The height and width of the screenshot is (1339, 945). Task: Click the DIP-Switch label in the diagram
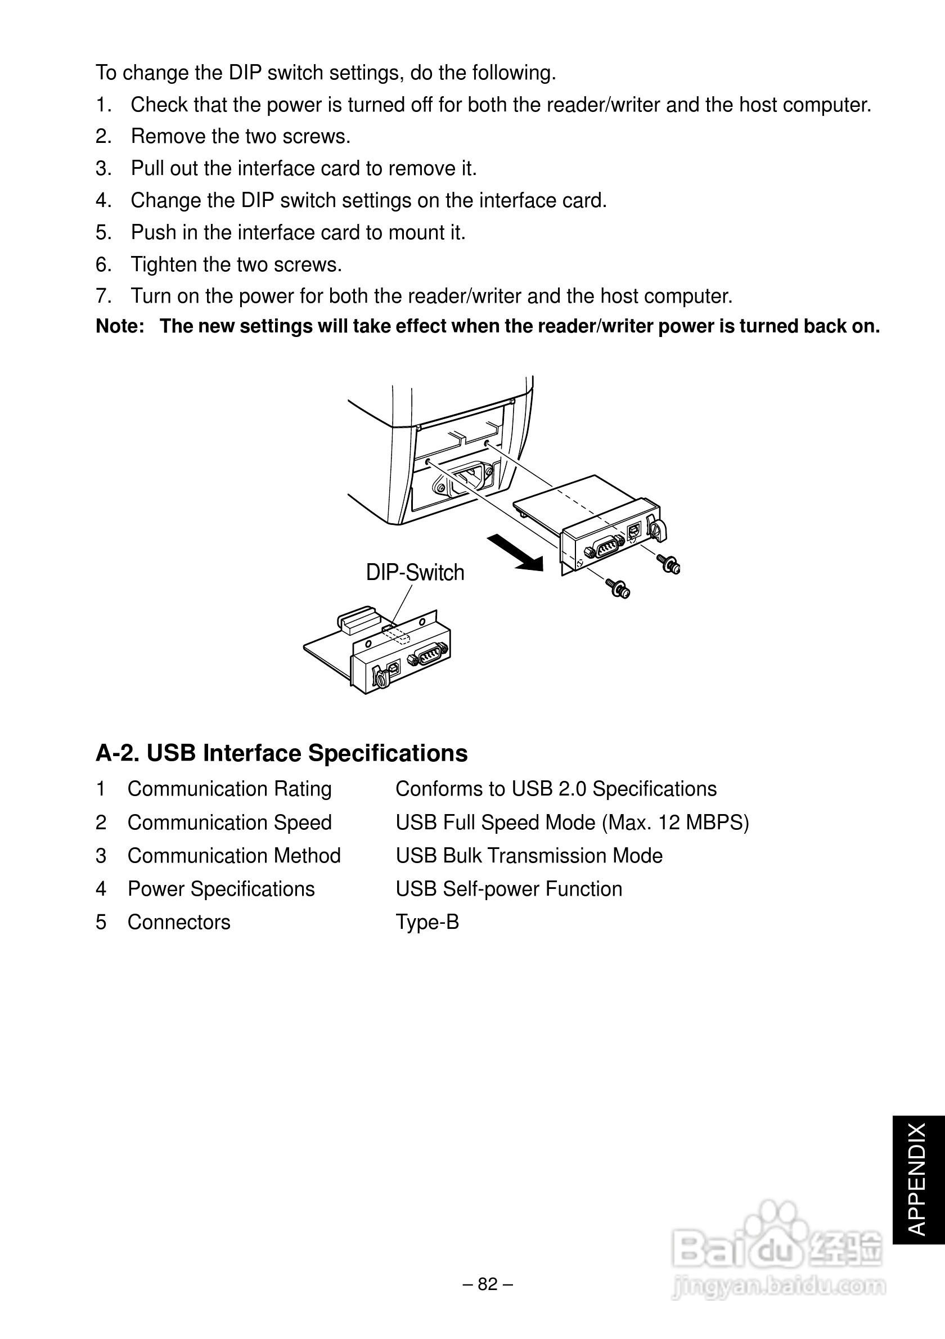tap(415, 573)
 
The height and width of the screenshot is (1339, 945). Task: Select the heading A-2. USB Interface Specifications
tap(282, 753)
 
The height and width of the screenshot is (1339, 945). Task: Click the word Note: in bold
tap(120, 326)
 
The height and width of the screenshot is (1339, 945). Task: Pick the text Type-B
tap(427, 922)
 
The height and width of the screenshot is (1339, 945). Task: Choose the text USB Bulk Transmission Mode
tap(529, 856)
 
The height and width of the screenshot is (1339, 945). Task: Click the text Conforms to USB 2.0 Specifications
tap(556, 788)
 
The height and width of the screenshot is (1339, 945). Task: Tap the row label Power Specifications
tap(221, 889)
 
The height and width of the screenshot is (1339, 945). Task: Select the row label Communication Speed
tap(229, 823)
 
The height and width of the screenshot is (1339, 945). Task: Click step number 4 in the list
tap(102, 201)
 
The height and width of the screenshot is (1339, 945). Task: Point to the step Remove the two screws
tap(240, 137)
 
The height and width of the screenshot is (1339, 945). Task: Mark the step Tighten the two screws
tap(236, 265)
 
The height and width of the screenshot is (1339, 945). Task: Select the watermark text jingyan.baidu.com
tap(778, 1286)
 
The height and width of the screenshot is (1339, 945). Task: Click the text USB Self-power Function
tap(509, 889)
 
